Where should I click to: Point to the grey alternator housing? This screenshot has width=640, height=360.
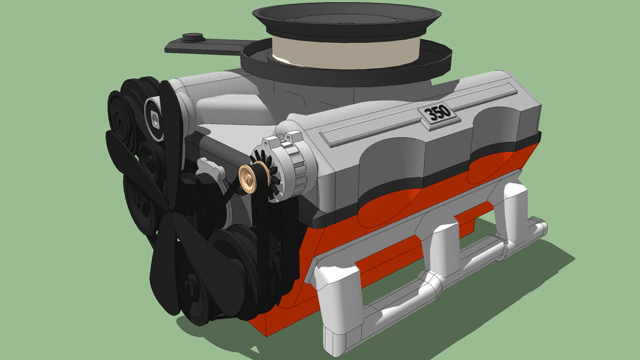coord(296,162)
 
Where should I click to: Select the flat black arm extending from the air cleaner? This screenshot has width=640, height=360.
coord(204,46)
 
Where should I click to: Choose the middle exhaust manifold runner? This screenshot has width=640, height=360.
coord(443,246)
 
